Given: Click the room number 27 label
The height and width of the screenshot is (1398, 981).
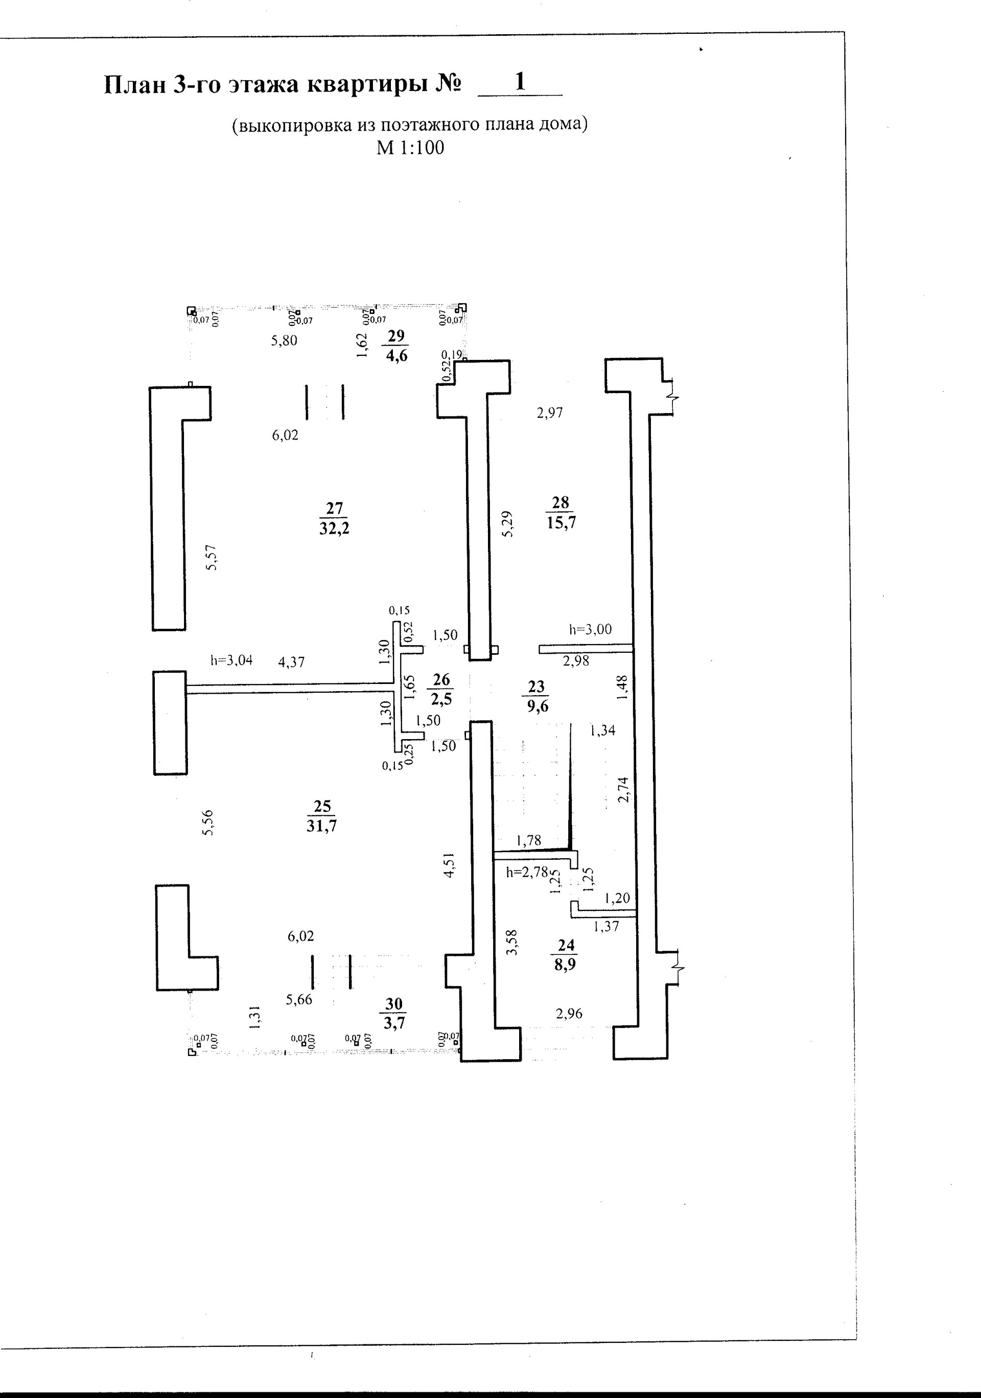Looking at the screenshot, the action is coord(334,508).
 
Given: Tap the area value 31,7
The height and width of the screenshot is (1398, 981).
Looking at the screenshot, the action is coord(321,826).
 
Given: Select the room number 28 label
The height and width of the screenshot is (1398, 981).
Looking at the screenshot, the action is coord(560,502).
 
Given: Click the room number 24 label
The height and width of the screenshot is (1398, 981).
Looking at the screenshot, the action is coord(566,945).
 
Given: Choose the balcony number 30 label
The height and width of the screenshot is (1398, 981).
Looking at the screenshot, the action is coord(394,1004).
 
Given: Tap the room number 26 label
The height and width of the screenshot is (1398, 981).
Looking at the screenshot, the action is coord(441,679).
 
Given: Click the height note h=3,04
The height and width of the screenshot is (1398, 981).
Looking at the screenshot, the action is coord(231,660).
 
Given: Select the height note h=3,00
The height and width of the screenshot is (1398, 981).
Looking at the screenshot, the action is coord(590,630).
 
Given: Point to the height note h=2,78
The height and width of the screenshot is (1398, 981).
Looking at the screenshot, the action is coord(527,872).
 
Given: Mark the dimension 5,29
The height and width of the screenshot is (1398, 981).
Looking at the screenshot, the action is coord(507,523).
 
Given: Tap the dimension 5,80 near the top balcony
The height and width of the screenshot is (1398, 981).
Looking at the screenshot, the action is coord(284,340).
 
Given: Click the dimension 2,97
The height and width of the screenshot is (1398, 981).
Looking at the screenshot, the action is coord(550,414).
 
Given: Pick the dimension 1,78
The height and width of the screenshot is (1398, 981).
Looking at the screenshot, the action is coord(528,841).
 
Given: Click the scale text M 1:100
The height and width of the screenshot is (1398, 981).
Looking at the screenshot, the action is coord(410,148).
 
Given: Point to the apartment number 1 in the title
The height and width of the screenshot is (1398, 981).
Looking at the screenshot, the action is coord(520,82).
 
